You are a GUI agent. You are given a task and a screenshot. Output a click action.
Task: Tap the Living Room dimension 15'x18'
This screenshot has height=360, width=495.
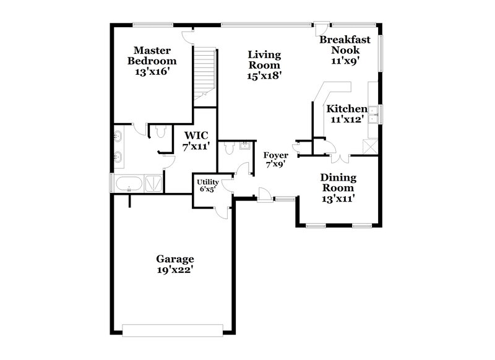tap(264, 76)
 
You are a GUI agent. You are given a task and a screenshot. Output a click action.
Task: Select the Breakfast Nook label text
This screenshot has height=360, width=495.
tap(345, 45)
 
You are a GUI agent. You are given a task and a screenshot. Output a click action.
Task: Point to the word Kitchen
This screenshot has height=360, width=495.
tap(346, 109)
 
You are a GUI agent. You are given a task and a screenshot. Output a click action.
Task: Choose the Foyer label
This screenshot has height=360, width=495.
tap(275, 155)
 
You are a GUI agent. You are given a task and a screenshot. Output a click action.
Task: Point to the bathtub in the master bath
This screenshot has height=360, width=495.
tap(129, 183)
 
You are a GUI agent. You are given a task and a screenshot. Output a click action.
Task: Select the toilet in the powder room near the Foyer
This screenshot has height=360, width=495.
tap(230, 147)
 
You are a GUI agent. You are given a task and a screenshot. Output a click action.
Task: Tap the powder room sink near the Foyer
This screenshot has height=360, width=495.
tap(245, 145)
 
